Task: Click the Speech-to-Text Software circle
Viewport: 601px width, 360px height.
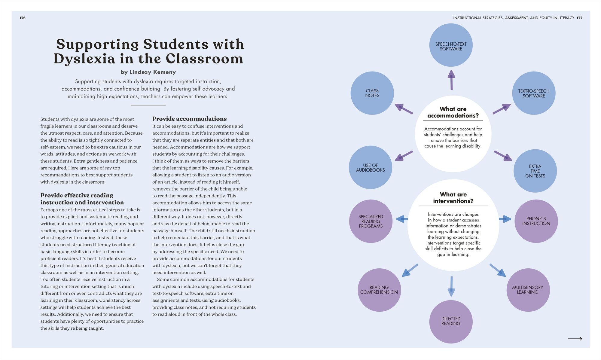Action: point(451,45)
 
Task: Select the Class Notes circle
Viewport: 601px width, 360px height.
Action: point(372,93)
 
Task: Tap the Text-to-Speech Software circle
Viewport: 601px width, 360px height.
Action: point(534,93)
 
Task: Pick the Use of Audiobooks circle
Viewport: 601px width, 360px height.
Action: point(370,167)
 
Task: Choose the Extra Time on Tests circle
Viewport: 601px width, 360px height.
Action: point(535,171)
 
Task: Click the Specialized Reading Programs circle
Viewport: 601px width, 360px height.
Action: point(371,221)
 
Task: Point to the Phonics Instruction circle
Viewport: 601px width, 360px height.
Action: point(536,221)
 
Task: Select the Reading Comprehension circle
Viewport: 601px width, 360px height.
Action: point(379,290)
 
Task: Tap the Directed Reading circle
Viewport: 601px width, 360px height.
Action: point(451,321)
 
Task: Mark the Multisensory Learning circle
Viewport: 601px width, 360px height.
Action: point(528,290)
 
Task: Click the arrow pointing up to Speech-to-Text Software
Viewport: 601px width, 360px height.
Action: point(451,80)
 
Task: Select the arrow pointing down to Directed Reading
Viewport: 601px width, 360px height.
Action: point(451,286)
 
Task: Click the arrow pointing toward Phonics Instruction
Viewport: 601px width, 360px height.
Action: point(505,219)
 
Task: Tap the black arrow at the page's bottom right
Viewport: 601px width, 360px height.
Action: point(575,339)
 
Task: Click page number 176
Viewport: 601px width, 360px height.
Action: point(23,18)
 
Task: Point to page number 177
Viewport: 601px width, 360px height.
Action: point(580,18)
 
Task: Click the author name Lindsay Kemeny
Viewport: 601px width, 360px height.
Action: point(153,72)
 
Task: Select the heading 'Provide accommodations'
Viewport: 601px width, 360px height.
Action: point(189,119)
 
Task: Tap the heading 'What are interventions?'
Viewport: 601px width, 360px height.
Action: point(453,198)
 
